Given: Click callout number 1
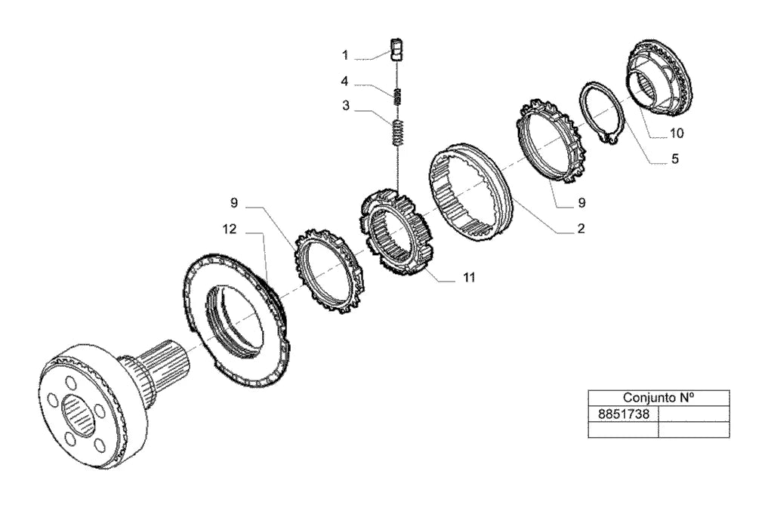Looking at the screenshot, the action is pyautogui.click(x=345, y=55).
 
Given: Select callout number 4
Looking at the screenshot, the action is pyautogui.click(x=344, y=81).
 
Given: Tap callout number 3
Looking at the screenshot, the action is pyautogui.click(x=346, y=106).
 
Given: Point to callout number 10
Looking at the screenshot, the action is pyautogui.click(x=677, y=133).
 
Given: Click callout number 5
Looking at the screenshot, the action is pyautogui.click(x=675, y=159).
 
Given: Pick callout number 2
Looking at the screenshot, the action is pyautogui.click(x=581, y=229).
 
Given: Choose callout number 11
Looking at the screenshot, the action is pyautogui.click(x=469, y=278).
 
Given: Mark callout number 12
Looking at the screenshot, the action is pyautogui.click(x=230, y=229).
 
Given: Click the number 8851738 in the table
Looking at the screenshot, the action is pyautogui.click(x=624, y=414).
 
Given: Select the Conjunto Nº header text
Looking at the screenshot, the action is pyautogui.click(x=659, y=397).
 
